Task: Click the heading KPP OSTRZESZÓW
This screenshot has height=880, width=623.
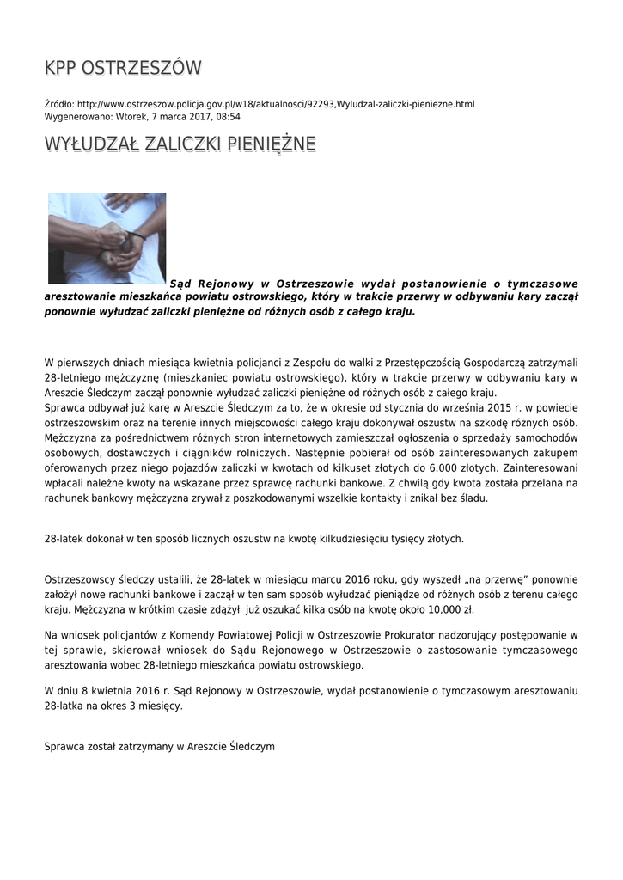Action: tap(123, 68)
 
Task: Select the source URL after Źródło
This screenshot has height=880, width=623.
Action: tap(276, 104)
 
